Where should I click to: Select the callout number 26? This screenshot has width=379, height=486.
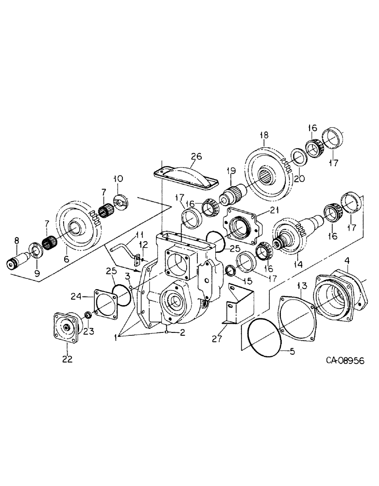click(x=195, y=156)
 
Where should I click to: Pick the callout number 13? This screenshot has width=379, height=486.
click(x=301, y=285)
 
